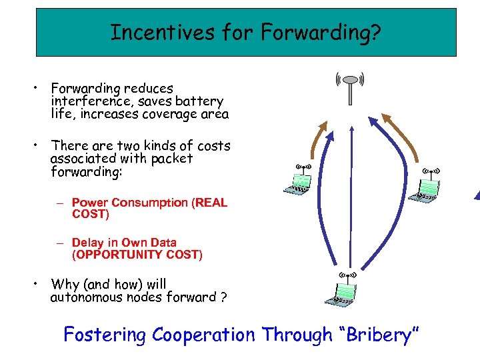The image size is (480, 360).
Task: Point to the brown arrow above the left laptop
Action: click(319, 139)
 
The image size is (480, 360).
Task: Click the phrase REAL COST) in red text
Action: click(90, 214)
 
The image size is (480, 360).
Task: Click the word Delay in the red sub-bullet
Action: click(86, 243)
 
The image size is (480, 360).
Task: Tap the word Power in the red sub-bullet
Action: click(89, 203)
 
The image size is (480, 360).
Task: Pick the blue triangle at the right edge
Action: click(476, 195)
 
